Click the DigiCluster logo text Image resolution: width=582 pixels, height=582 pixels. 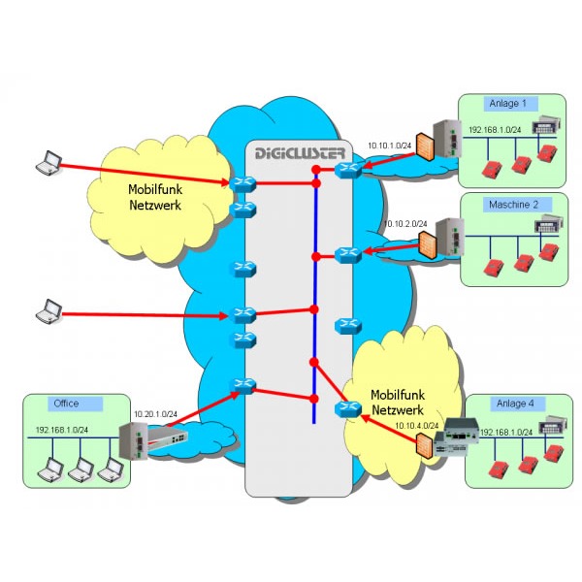300,153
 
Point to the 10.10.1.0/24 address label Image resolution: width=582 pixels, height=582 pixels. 389,146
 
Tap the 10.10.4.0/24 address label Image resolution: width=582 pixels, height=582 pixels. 417,425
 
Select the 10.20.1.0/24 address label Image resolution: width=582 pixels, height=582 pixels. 156,414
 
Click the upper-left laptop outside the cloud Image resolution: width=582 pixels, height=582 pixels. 46,164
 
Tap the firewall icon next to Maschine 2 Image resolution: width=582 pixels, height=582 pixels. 426,242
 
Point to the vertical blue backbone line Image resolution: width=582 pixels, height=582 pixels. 315,291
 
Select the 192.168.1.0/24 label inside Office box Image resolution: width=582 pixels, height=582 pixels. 62,429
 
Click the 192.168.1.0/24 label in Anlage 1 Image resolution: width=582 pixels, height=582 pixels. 496,129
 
